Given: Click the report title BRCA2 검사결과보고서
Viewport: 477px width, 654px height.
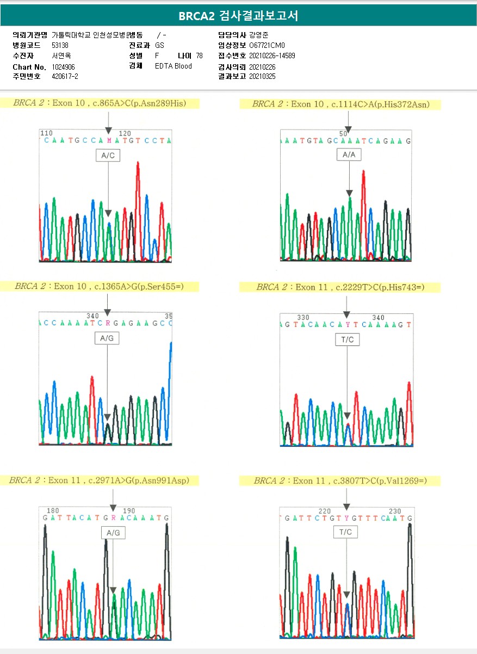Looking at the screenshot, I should click(238, 16).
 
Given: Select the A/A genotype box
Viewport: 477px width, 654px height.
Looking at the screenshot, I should click(349, 155).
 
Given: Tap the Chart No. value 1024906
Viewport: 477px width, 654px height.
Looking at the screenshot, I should click(64, 67).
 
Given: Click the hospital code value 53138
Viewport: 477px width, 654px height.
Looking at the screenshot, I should click(60, 46).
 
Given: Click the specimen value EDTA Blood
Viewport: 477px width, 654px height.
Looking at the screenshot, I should click(174, 66).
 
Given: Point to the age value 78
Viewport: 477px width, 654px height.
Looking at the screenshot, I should click(199, 56).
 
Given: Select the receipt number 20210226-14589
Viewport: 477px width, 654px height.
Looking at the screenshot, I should click(272, 56).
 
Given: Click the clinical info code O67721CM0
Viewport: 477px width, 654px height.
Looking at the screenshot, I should click(267, 46).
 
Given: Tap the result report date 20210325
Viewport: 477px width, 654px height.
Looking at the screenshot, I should click(262, 77).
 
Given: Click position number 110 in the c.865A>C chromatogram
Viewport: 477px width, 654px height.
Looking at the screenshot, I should click(47, 133).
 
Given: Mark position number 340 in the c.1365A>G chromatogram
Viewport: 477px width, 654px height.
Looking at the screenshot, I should click(92, 316).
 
